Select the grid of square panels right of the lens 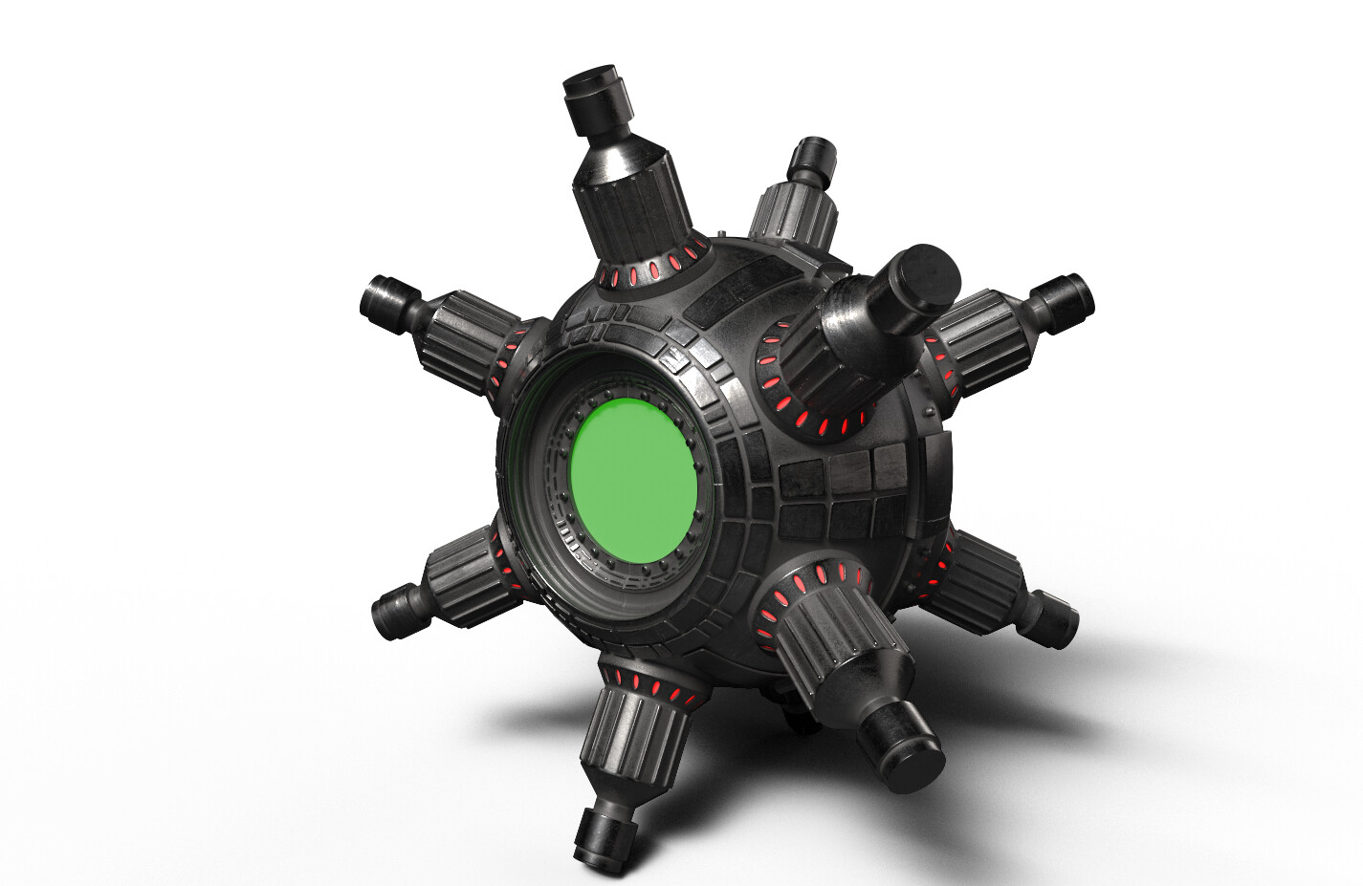pos(842,492)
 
